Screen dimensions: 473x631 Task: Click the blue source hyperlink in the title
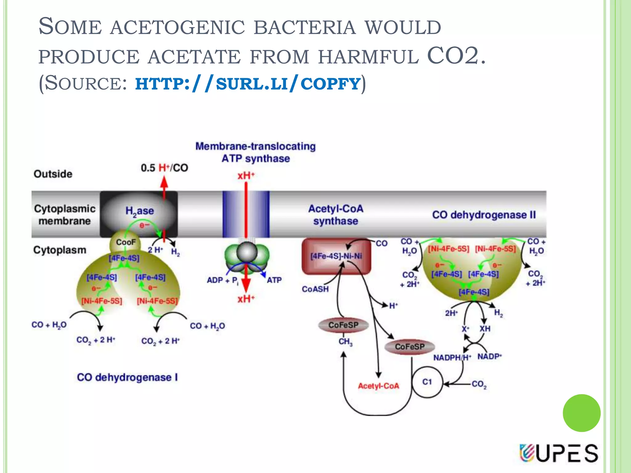click(x=247, y=84)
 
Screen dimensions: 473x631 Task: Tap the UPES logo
click(x=558, y=453)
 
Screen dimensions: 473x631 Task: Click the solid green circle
click(x=581, y=413)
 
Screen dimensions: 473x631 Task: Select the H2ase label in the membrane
click(x=140, y=211)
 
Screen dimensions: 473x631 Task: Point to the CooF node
click(x=125, y=242)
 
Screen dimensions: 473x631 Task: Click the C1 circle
click(x=427, y=382)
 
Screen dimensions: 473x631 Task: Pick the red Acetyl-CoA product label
click(x=378, y=386)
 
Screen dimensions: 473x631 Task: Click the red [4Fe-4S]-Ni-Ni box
click(x=336, y=256)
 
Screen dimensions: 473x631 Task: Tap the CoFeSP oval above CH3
click(x=343, y=325)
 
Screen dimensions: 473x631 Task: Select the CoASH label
click(x=315, y=289)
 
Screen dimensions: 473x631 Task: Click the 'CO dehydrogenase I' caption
click(x=127, y=377)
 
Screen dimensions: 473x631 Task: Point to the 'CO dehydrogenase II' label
click(x=484, y=215)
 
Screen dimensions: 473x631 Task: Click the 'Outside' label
click(x=53, y=174)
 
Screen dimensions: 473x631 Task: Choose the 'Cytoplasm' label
click(x=59, y=250)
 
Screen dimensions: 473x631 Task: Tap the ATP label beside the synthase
click(x=274, y=280)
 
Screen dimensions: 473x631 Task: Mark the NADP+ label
click(x=490, y=357)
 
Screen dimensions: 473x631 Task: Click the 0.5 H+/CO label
click(x=164, y=168)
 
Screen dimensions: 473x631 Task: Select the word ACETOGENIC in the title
click(x=177, y=27)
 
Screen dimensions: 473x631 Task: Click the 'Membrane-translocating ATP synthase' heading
click(x=255, y=152)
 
